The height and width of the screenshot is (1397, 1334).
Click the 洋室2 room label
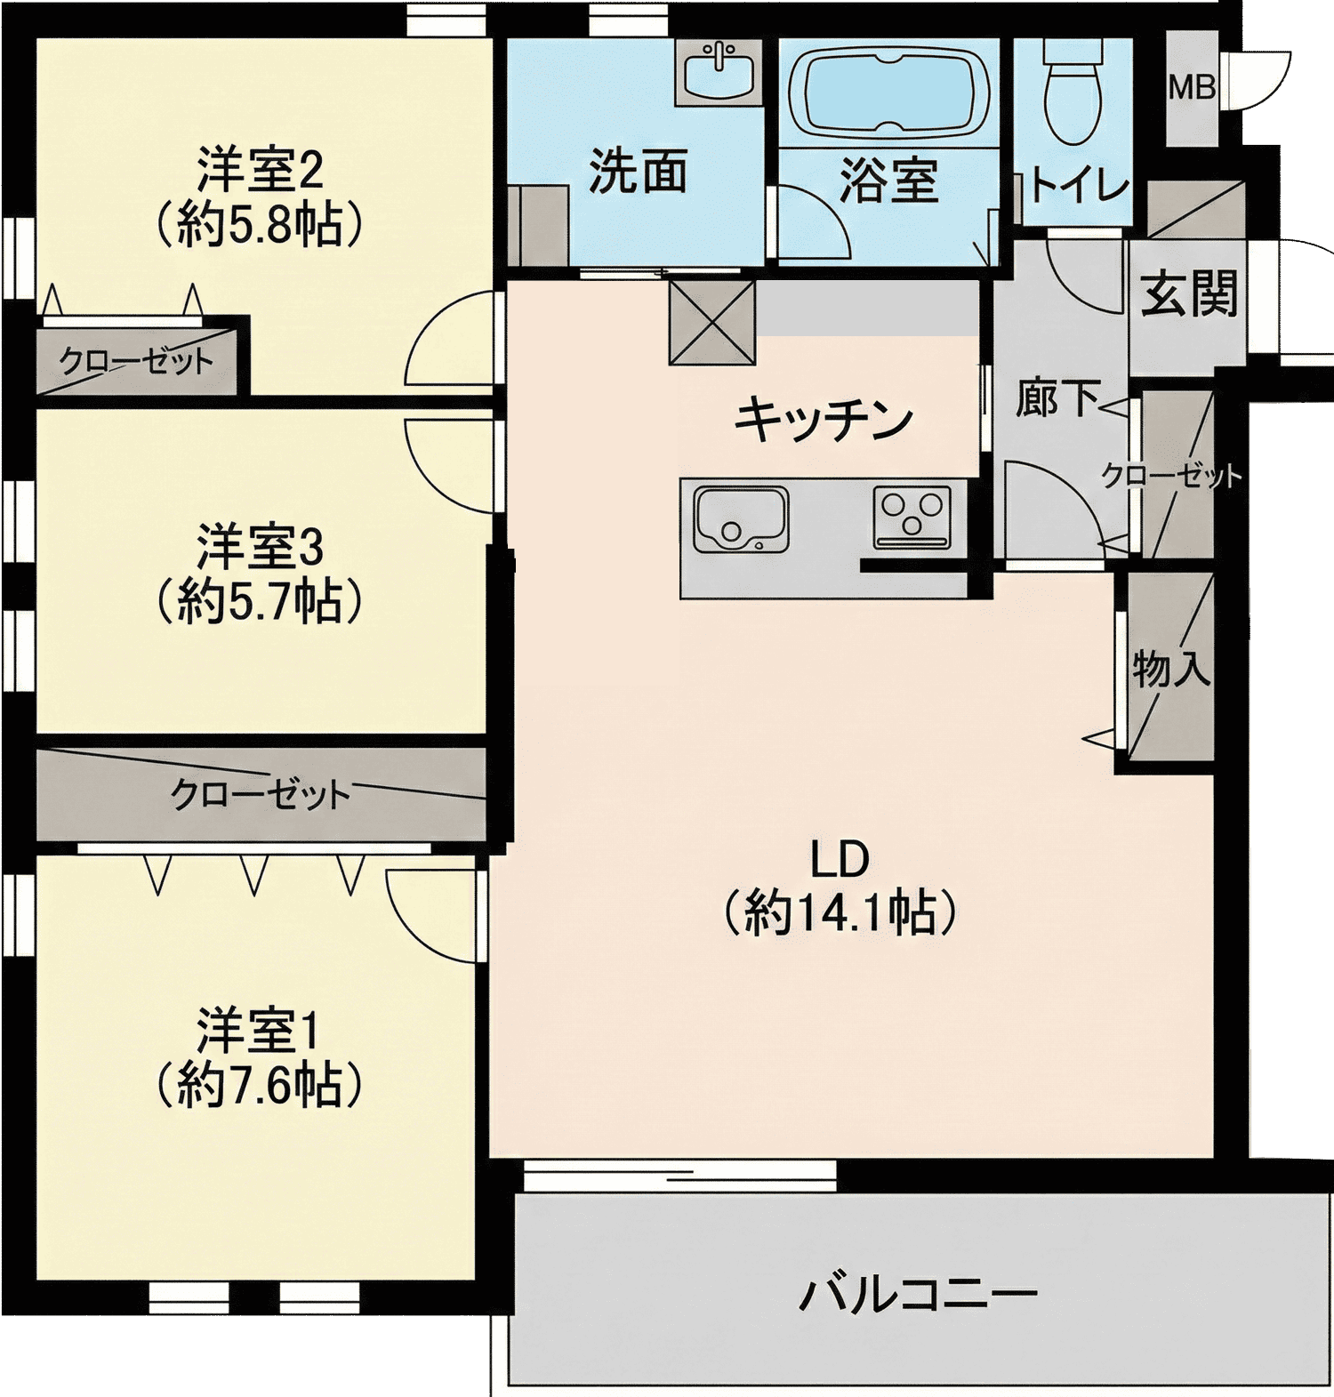pos(260,171)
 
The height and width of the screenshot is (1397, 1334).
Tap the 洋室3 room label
pos(260,548)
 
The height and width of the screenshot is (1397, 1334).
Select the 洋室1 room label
pos(258,1031)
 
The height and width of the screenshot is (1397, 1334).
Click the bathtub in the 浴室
pos(888,93)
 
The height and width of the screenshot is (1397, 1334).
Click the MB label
pos(1193,87)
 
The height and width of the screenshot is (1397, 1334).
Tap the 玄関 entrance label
pos(1190,293)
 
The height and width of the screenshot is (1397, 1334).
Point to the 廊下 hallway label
pos(1058,397)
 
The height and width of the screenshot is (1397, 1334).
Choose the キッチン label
pos(824,419)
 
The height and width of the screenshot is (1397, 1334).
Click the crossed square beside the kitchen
pos(712,322)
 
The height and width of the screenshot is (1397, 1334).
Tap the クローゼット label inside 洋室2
pos(136,361)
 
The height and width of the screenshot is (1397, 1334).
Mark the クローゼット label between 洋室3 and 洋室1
pos(261,794)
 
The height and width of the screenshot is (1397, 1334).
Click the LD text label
pos(840,859)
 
